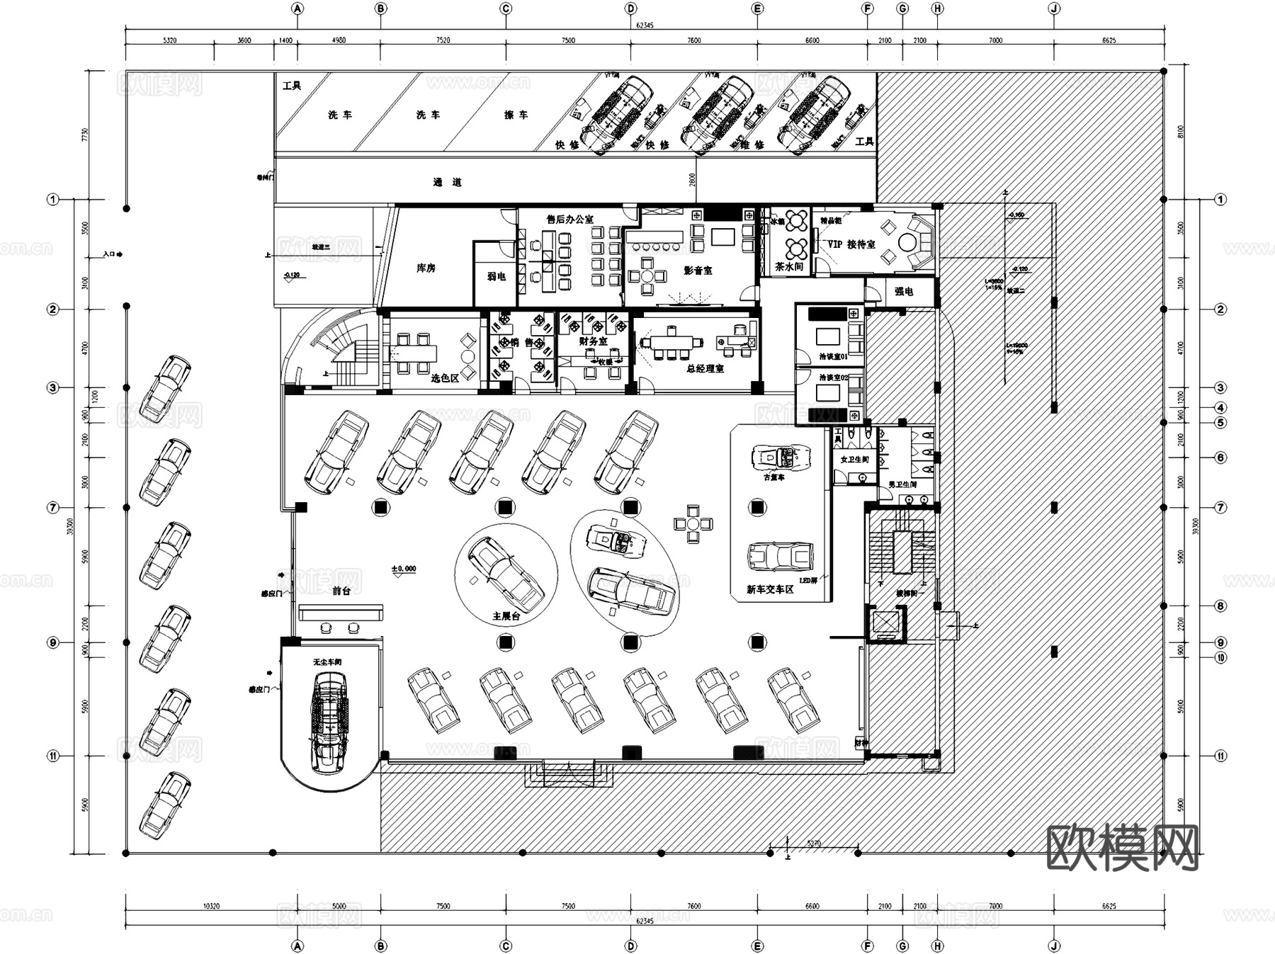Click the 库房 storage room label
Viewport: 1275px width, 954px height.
pos(426,268)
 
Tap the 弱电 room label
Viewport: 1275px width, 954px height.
pos(496,276)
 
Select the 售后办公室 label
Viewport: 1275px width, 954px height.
pos(569,220)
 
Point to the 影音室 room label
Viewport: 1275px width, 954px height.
pos(698,271)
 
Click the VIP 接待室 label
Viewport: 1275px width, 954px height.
pos(851,244)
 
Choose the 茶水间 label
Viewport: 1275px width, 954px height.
pos(789,267)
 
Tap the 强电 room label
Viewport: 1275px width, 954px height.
pos(904,291)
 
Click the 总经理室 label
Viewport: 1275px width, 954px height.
pos(705,369)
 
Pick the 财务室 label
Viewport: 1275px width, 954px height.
pos(593,341)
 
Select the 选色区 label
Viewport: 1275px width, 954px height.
pos(445,378)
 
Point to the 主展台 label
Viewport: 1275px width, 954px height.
pos(506,616)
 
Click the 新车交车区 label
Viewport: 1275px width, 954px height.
pos(770,589)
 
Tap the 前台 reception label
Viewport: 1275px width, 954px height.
pos(341,591)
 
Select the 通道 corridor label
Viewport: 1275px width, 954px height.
pos(447,183)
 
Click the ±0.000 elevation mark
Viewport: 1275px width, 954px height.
pos(404,569)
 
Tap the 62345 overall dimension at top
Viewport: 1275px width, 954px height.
pos(645,25)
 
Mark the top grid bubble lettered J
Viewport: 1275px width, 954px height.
pos(1053,9)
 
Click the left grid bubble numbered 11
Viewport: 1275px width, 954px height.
pos(53,756)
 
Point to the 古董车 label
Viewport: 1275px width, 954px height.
pos(773,477)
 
